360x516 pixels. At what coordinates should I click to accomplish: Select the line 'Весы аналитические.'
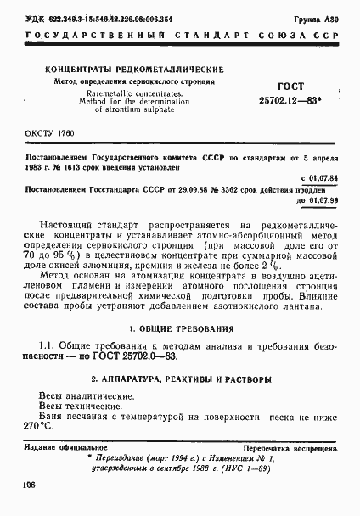[85, 396]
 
